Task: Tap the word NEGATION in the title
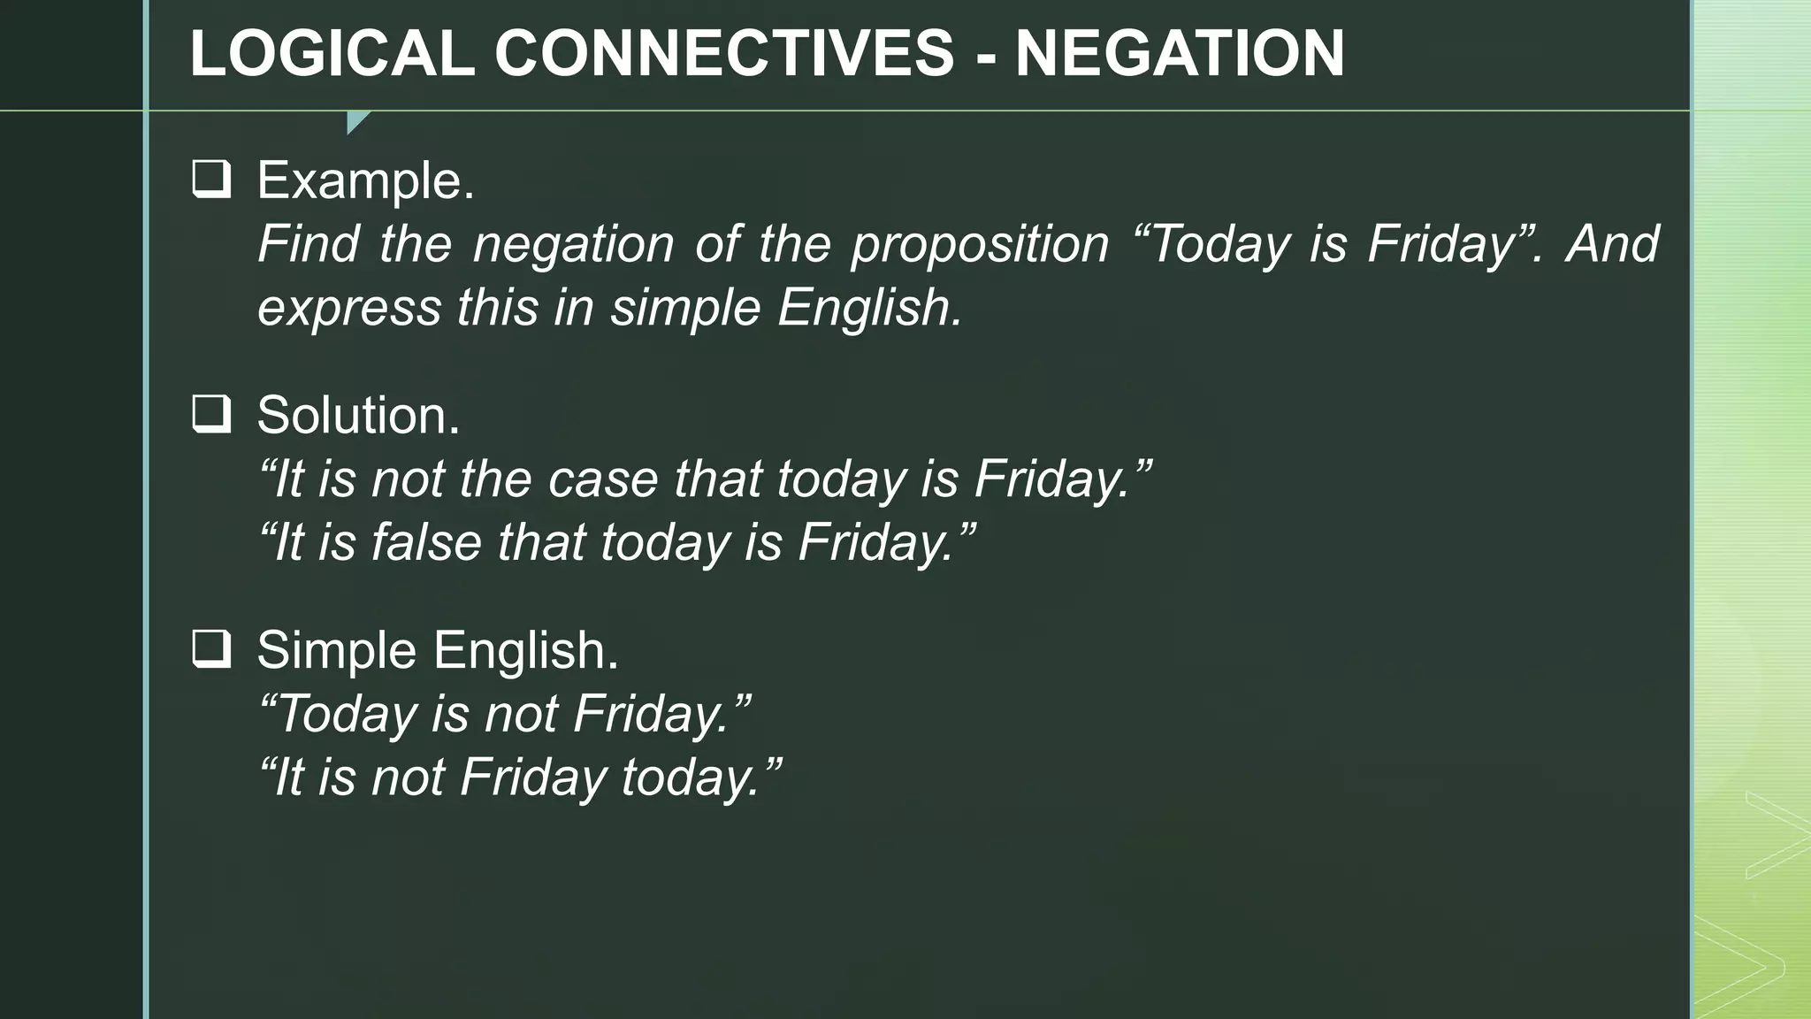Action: [x=1180, y=54]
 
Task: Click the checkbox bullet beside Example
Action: [x=211, y=180]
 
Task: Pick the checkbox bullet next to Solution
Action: [x=211, y=414]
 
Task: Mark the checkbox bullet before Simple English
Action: [x=211, y=649]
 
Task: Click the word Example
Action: [x=365, y=180]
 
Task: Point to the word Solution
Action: [x=358, y=415]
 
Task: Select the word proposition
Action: [x=980, y=244]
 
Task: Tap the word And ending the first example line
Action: [x=1612, y=244]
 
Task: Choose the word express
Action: [x=349, y=309]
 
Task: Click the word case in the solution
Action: [x=603, y=479]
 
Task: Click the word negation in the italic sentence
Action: [x=573, y=244]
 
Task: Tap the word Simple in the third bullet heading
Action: [x=336, y=650]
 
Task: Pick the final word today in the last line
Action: [x=690, y=778]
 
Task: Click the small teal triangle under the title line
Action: [x=356, y=121]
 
